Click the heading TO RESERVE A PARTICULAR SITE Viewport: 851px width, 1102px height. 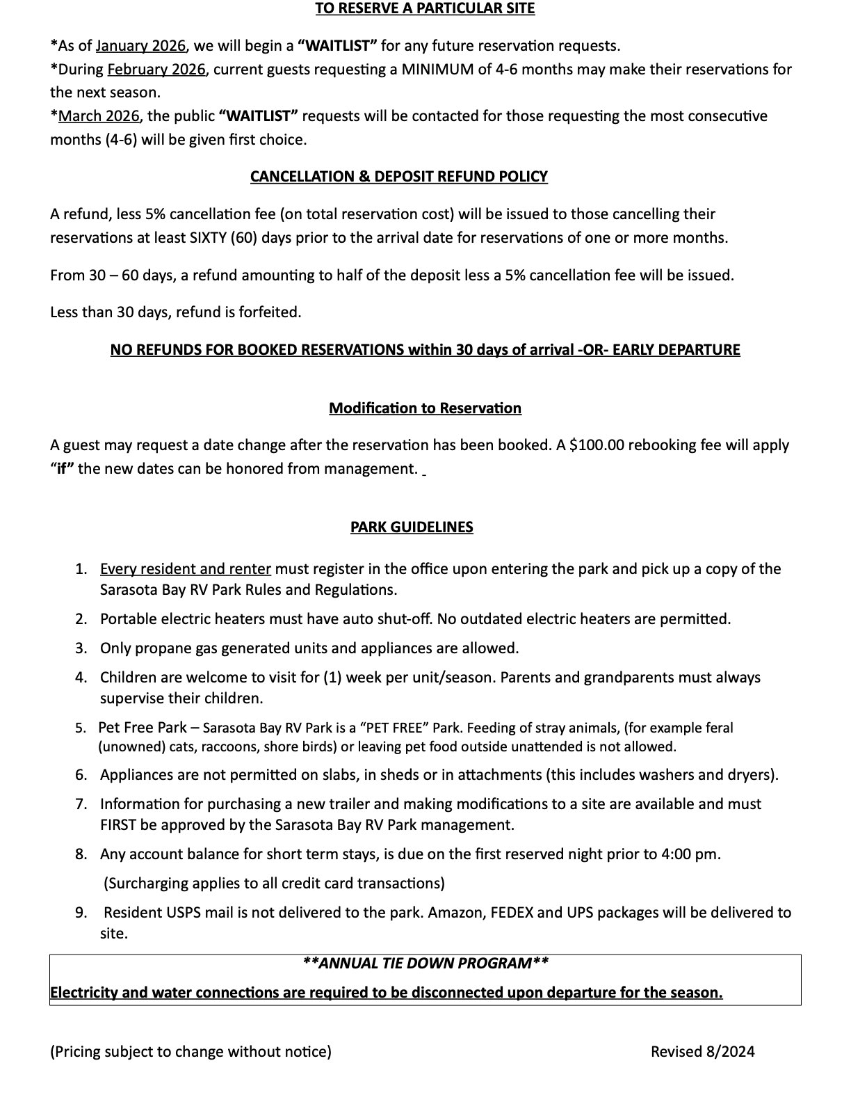(x=425, y=8)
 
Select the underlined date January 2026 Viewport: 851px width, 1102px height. (x=140, y=46)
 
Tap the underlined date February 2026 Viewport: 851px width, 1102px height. (x=156, y=70)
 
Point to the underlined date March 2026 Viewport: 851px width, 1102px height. (x=99, y=115)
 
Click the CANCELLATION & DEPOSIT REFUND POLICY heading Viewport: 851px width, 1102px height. (x=398, y=177)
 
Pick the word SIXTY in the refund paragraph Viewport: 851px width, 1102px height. (x=207, y=238)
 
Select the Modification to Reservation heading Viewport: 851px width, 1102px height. (x=425, y=408)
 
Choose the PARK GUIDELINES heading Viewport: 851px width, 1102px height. (x=412, y=527)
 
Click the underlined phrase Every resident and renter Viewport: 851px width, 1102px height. (x=186, y=569)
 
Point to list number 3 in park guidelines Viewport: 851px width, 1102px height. (x=81, y=648)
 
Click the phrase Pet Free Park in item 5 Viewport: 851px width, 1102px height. (x=143, y=728)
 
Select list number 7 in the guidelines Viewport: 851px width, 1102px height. (x=81, y=804)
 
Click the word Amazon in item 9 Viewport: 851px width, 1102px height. (x=455, y=913)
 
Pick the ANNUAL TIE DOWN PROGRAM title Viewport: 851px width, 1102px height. (x=425, y=964)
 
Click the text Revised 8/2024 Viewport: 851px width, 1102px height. (x=702, y=1051)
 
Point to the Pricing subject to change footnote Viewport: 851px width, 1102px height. (x=191, y=1051)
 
